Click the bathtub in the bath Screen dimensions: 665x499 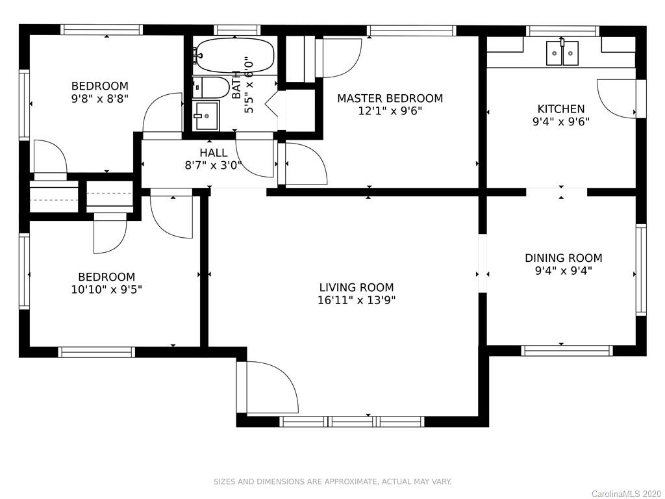pos(234,56)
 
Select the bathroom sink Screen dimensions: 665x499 pos(206,116)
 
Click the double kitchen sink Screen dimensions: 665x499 pos(562,53)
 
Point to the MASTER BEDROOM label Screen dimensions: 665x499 pos(390,99)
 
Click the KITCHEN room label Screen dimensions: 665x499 pos(561,109)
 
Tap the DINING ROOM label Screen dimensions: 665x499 pos(563,258)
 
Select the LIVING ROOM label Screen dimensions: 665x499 pos(357,288)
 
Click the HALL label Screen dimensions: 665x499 pos(213,153)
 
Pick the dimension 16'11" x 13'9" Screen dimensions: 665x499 pos(357,300)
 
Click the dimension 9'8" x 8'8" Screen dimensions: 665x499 pos(99,99)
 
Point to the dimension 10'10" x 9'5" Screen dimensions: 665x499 pos(107,290)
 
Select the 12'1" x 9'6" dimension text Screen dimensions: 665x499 pos(390,111)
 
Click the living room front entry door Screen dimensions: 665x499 pos(268,387)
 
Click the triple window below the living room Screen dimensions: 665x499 pos(351,421)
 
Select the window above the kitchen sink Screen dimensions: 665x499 pos(562,31)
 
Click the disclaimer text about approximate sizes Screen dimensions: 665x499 pos(332,481)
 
